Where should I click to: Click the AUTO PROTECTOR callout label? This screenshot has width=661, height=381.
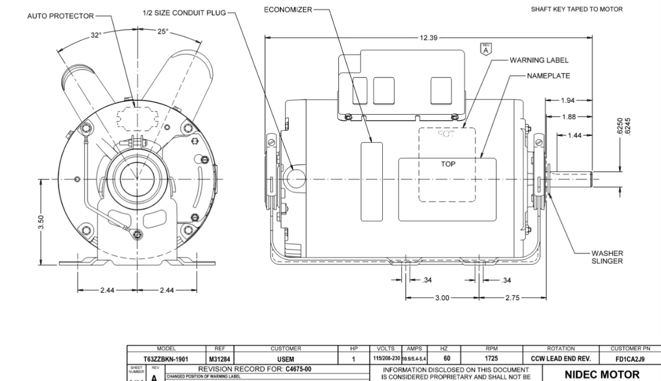pyautogui.click(x=60, y=16)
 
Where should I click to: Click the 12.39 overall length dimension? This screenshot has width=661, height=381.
pyautogui.click(x=429, y=37)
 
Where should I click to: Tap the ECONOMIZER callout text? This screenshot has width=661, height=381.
pyautogui.click(x=288, y=10)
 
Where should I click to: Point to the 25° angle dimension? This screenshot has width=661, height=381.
pyautogui.click(x=163, y=31)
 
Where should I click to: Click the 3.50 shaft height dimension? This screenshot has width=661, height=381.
pyautogui.click(x=41, y=222)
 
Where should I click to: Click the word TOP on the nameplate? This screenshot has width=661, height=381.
pyautogui.click(x=448, y=164)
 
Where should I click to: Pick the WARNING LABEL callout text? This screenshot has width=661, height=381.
pyautogui.click(x=539, y=60)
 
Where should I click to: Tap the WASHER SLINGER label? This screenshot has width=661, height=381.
pyautogui.click(x=607, y=257)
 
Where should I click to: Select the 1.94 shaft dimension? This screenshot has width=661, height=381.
pyautogui.click(x=568, y=100)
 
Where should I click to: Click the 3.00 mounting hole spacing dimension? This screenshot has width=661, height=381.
pyautogui.click(x=442, y=298)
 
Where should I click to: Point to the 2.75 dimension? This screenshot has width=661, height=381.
pyautogui.click(x=513, y=298)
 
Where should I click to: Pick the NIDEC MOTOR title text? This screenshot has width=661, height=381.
pyautogui.click(x=602, y=374)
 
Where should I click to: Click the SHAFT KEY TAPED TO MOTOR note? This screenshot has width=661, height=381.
pyautogui.click(x=576, y=9)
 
